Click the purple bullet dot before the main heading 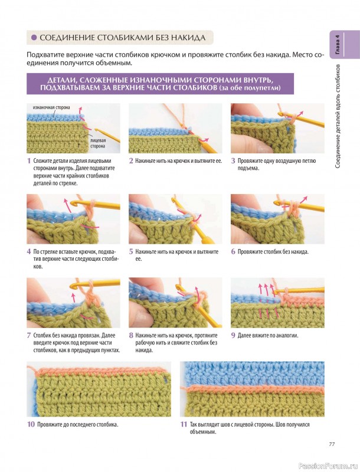point(34,38)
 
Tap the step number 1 point(29,160)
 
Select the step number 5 point(131,252)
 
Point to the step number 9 point(233,335)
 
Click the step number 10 point(31,424)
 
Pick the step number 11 point(184,424)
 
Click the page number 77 point(332,444)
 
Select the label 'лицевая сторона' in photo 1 point(98,143)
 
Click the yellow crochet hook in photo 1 point(107,136)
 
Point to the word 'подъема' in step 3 point(248,168)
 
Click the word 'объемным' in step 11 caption point(203,432)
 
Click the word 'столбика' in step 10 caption point(106,425)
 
